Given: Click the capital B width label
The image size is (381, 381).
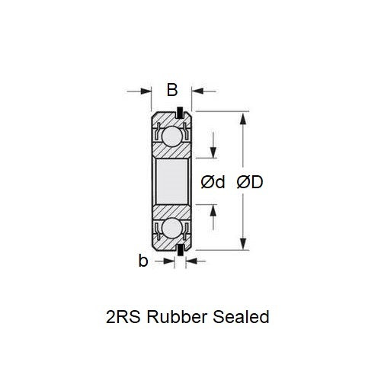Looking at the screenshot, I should [172, 91].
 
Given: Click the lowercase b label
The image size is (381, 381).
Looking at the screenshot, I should [142, 261].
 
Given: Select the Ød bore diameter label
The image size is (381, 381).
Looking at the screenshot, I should [213, 182].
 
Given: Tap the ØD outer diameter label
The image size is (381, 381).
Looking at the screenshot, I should [250, 182].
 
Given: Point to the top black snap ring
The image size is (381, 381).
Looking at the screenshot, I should [180, 114].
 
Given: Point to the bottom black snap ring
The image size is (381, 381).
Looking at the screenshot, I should [180, 249].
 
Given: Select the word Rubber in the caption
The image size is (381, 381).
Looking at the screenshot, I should [181, 315].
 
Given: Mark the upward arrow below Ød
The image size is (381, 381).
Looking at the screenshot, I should [214, 210].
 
